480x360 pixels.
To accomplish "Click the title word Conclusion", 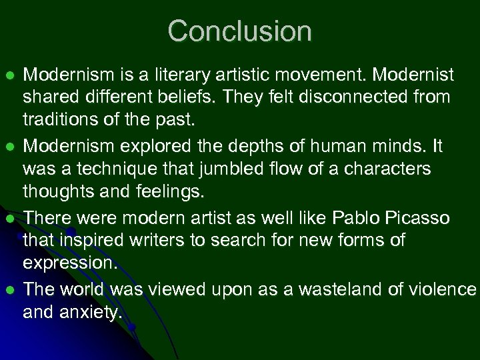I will click(x=239, y=31).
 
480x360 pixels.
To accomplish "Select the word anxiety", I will click(x=95, y=312).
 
